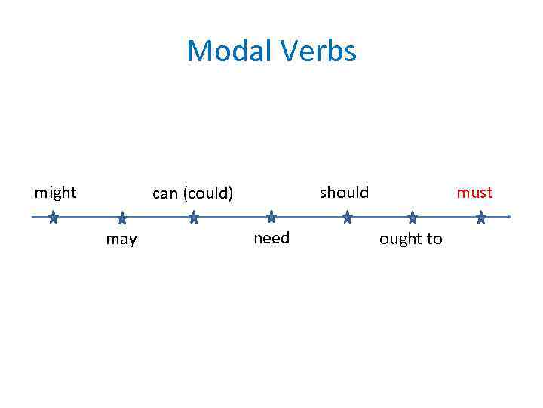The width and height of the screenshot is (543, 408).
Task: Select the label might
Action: tap(55, 193)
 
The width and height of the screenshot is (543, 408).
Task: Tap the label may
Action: tap(121, 240)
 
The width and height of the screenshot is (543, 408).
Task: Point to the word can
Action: tap(164, 193)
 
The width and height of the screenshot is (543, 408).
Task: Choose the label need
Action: tap(271, 239)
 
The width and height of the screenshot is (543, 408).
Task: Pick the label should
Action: tap(344, 193)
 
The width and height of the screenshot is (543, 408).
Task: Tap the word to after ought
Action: tap(434, 240)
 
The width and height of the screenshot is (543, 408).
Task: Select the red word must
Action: tap(474, 193)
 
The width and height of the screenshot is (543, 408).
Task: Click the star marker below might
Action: tap(53, 218)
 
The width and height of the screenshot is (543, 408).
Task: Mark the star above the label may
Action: tap(122, 219)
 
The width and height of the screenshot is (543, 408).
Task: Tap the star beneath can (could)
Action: tap(194, 218)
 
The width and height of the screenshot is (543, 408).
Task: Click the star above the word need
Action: tap(271, 218)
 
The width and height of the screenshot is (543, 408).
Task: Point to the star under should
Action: tap(347, 218)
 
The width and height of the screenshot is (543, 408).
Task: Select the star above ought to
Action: tap(413, 218)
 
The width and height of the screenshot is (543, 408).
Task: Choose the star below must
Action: tap(481, 218)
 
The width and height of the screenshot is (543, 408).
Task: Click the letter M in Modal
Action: tap(198, 51)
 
